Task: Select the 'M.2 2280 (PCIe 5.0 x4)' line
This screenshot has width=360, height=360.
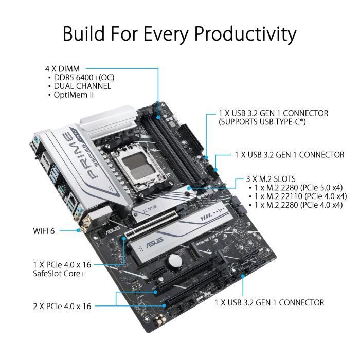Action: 298,188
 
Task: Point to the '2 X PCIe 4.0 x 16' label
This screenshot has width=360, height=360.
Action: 61,306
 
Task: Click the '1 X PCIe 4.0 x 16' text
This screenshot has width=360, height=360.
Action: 61,264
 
